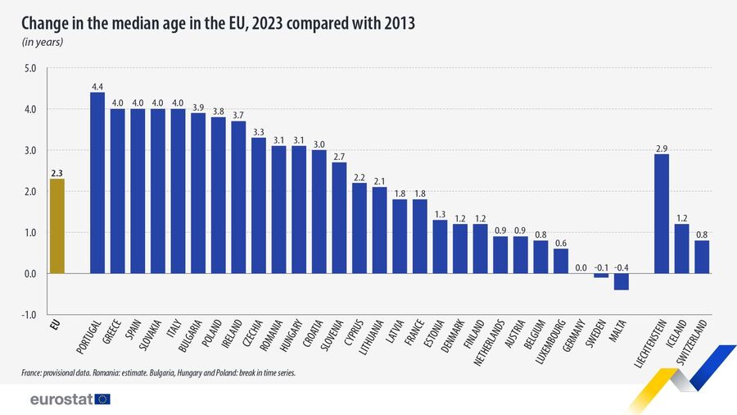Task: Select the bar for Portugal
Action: pyautogui.click(x=97, y=182)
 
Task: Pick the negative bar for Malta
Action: pyautogui.click(x=621, y=281)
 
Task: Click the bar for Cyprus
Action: pyautogui.click(x=359, y=227)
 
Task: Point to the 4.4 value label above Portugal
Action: pyautogui.click(x=97, y=85)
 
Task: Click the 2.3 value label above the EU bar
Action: pyautogui.click(x=57, y=172)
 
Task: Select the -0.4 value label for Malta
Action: pyautogui.click(x=621, y=267)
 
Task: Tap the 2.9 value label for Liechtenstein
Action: pyautogui.click(x=662, y=148)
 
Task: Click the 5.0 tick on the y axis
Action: pyautogui.click(x=31, y=68)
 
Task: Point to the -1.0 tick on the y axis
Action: pyautogui.click(x=30, y=315)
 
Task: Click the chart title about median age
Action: pyautogui.click(x=219, y=23)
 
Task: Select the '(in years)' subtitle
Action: pyautogui.click(x=43, y=42)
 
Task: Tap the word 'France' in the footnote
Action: pyautogui.click(x=34, y=374)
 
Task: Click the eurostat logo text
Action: pyautogui.click(x=59, y=399)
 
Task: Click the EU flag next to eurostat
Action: pyautogui.click(x=102, y=399)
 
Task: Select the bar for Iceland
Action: pyautogui.click(x=681, y=249)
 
